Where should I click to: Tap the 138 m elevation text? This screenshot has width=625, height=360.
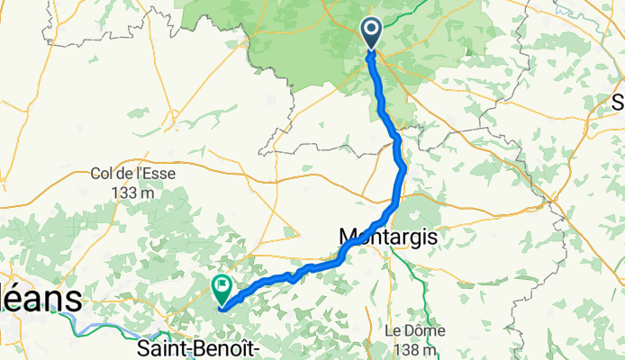point(417,349)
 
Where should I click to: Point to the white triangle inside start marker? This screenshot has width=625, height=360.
point(373,31)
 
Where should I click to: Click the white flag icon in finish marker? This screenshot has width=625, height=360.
point(222,286)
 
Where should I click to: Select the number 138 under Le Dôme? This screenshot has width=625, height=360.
point(410,349)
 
